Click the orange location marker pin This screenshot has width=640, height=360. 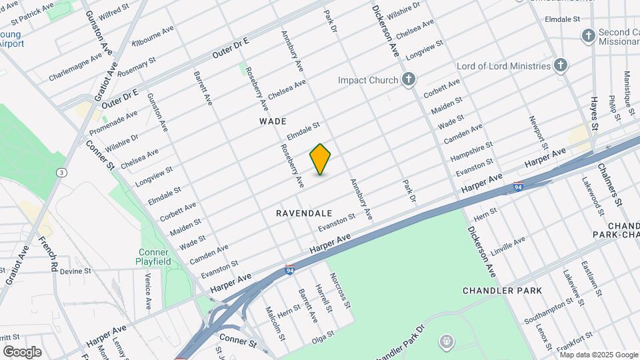tap(320, 159)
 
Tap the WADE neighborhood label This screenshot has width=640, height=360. tap(273, 121)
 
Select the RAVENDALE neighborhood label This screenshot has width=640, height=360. tap(304, 213)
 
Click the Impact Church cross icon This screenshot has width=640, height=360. tap(409, 80)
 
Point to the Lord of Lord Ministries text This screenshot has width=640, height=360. tap(503, 66)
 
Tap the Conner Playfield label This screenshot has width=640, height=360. tap(155, 257)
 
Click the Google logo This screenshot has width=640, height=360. tap(22, 351)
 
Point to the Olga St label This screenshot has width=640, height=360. tap(323, 339)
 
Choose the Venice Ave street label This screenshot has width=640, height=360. tap(149, 291)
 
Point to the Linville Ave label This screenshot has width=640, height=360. tap(507, 247)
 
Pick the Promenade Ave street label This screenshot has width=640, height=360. tap(113, 121)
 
